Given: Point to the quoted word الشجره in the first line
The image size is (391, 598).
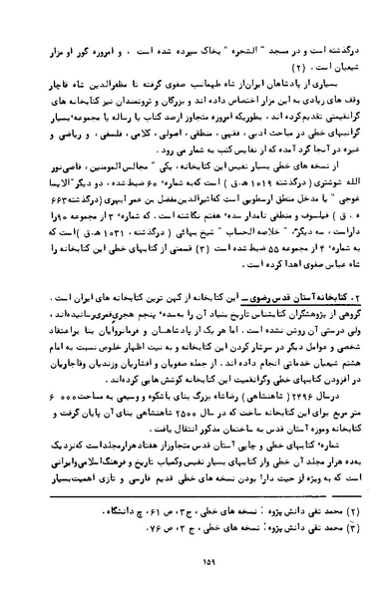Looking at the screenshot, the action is tap(215, 47).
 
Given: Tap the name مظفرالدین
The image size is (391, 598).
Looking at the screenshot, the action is tap(82, 89).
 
